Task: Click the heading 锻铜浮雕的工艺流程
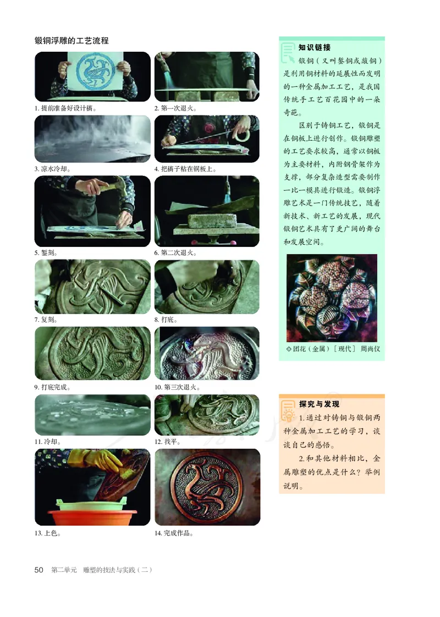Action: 71,41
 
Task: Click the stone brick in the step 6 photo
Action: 211,223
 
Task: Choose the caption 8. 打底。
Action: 166,319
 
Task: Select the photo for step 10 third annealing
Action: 207,352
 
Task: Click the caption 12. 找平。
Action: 168,441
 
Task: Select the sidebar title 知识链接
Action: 315,48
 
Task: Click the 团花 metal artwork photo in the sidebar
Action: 332,298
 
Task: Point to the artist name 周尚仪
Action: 370,349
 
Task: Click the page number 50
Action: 38,570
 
